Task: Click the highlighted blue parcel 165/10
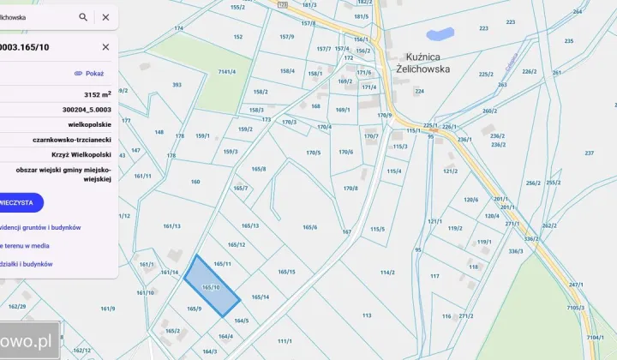tap(212, 285)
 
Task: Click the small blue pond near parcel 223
tap(440, 35)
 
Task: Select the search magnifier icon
tap(83, 16)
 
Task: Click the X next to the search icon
tap(105, 16)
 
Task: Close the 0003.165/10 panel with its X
tap(105, 47)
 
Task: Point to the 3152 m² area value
tap(98, 94)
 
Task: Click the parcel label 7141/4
tap(227, 72)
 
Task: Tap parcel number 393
tap(177, 85)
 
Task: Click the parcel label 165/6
tap(309, 227)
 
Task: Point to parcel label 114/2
tap(387, 272)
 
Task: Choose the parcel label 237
tap(589, 153)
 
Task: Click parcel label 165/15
tap(286, 272)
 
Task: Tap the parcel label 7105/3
tap(575, 308)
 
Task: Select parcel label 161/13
tap(171, 226)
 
